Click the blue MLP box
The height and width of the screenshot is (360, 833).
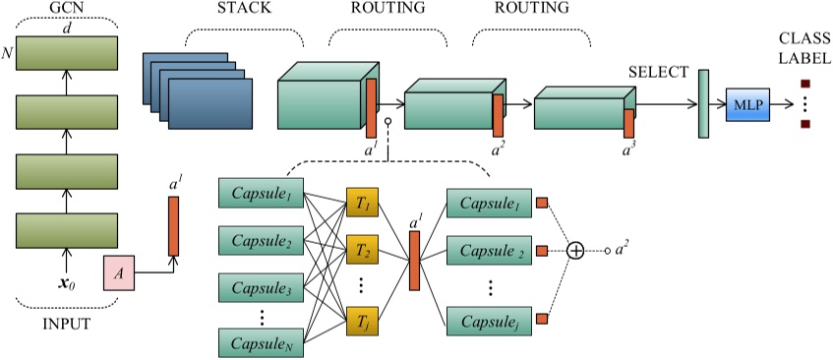point(746,102)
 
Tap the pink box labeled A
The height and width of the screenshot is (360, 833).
point(118,273)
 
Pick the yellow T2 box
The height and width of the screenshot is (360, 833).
point(361,250)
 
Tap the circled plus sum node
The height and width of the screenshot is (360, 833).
point(576,251)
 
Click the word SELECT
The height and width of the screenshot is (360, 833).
point(658,73)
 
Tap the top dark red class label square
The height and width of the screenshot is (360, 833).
point(804,85)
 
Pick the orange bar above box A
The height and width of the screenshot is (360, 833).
point(174,226)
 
